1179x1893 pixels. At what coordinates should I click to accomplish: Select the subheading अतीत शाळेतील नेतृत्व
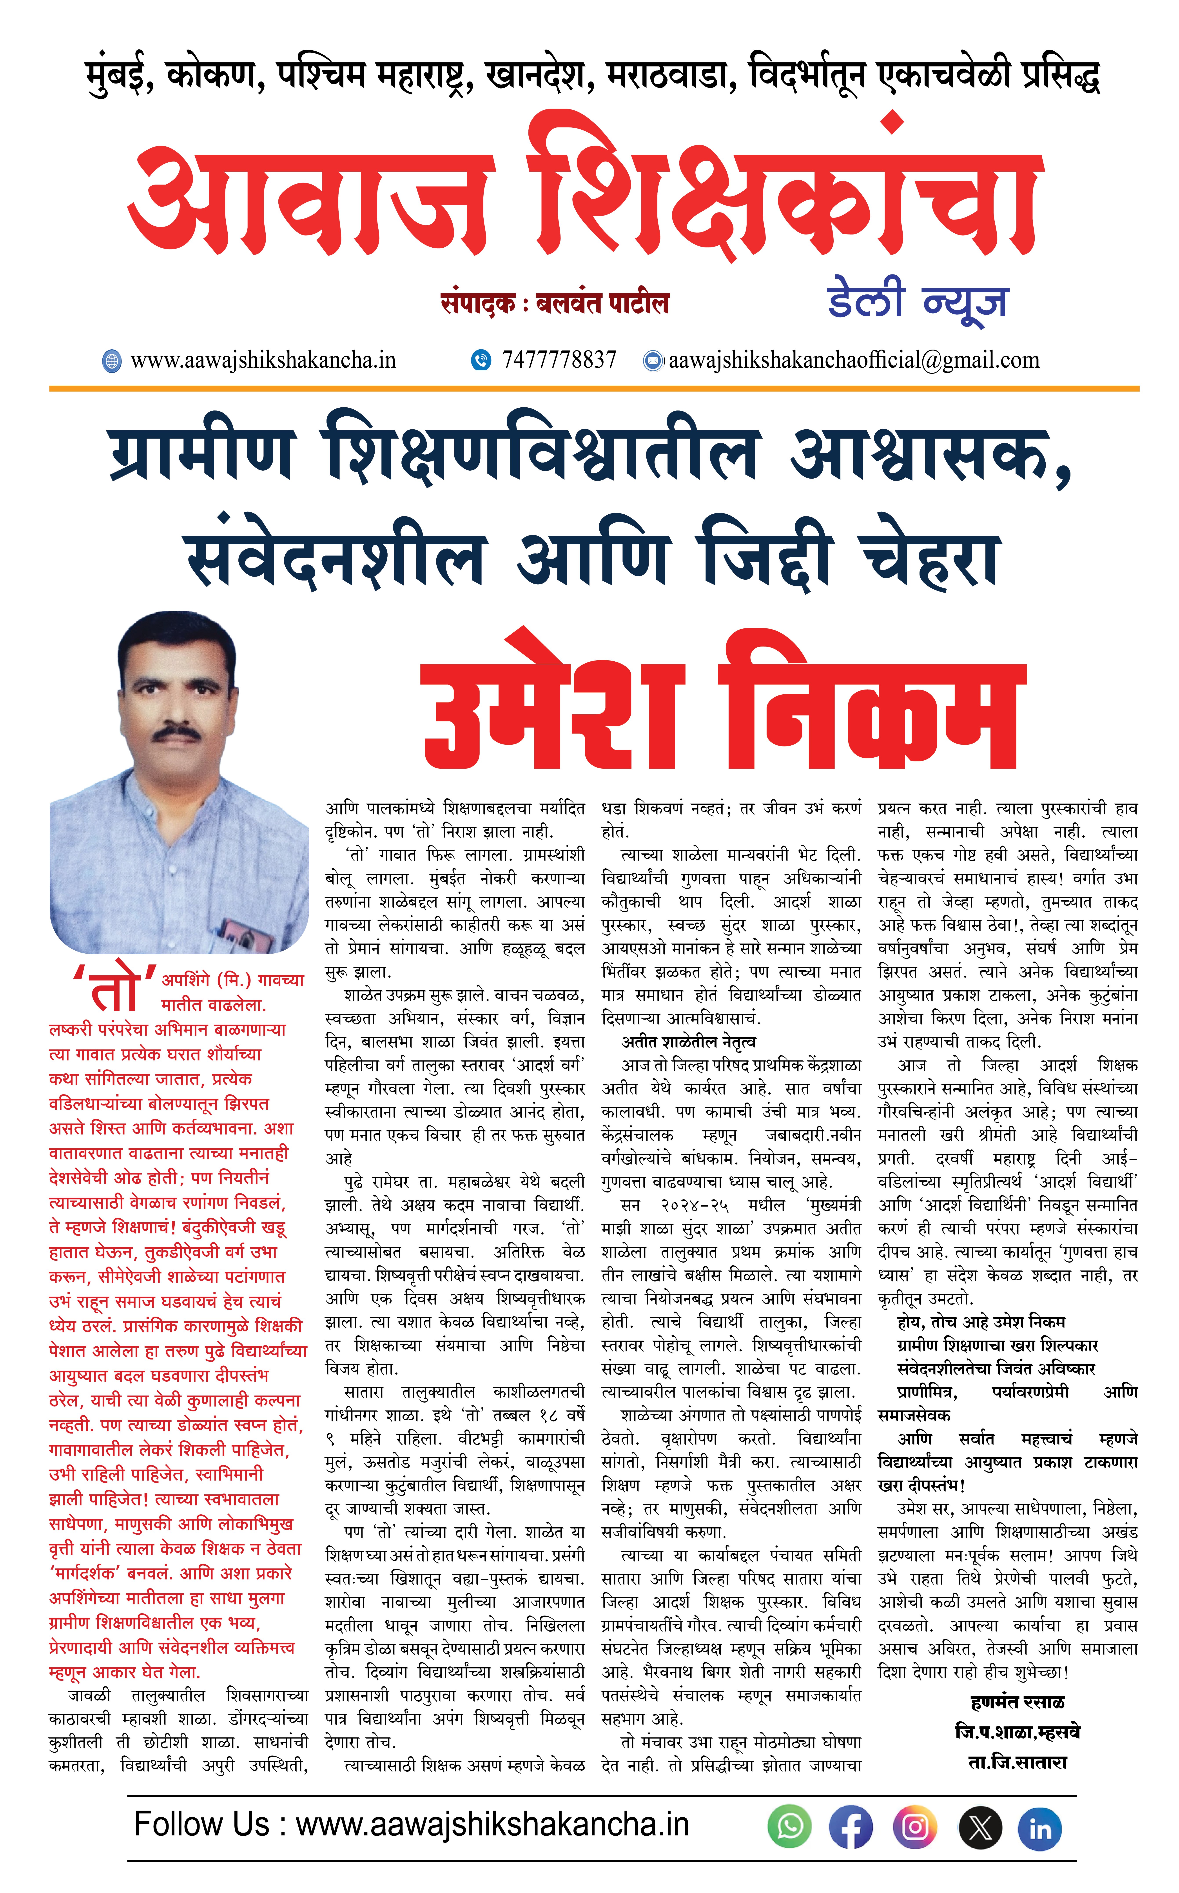pyautogui.click(x=689, y=1042)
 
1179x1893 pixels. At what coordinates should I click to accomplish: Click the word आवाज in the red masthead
pyautogui.click(x=312, y=203)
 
